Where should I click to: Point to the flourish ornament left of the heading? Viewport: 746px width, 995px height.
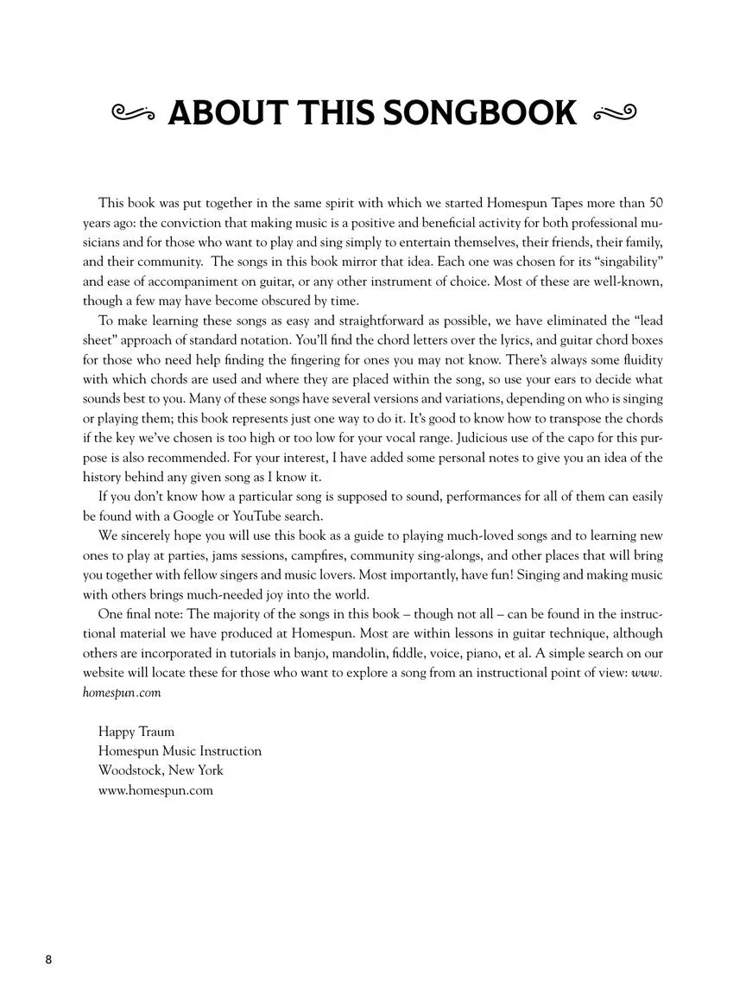point(133,112)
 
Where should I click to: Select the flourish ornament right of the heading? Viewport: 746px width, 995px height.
point(615,112)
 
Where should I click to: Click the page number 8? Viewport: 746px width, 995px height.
point(49,960)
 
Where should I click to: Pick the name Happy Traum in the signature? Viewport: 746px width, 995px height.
point(136,732)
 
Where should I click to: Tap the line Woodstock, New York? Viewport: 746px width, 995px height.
point(161,770)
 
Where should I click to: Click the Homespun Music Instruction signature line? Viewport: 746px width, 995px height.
point(180,751)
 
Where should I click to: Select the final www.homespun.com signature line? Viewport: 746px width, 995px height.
point(155,790)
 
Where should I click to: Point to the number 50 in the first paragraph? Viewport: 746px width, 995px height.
point(655,204)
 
